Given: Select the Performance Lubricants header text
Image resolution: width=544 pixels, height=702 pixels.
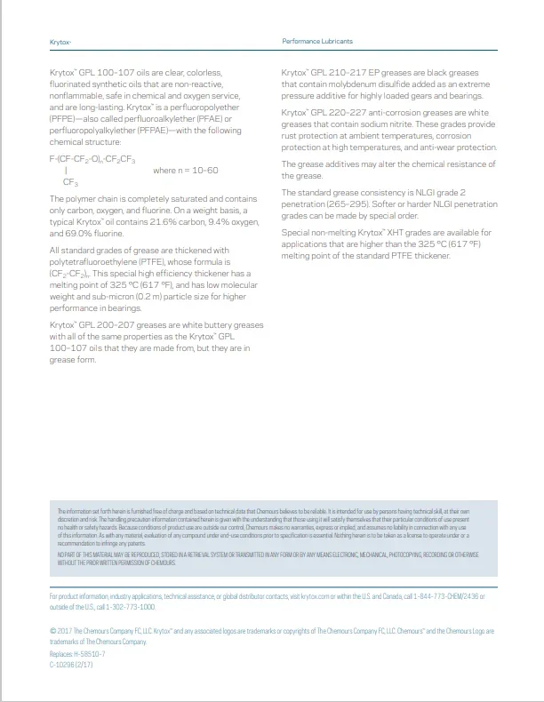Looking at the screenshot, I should [317, 42].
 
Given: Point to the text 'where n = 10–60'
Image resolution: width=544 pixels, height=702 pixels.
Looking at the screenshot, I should [185, 170].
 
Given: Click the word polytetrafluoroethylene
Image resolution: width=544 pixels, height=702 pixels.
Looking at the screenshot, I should [98, 264].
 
